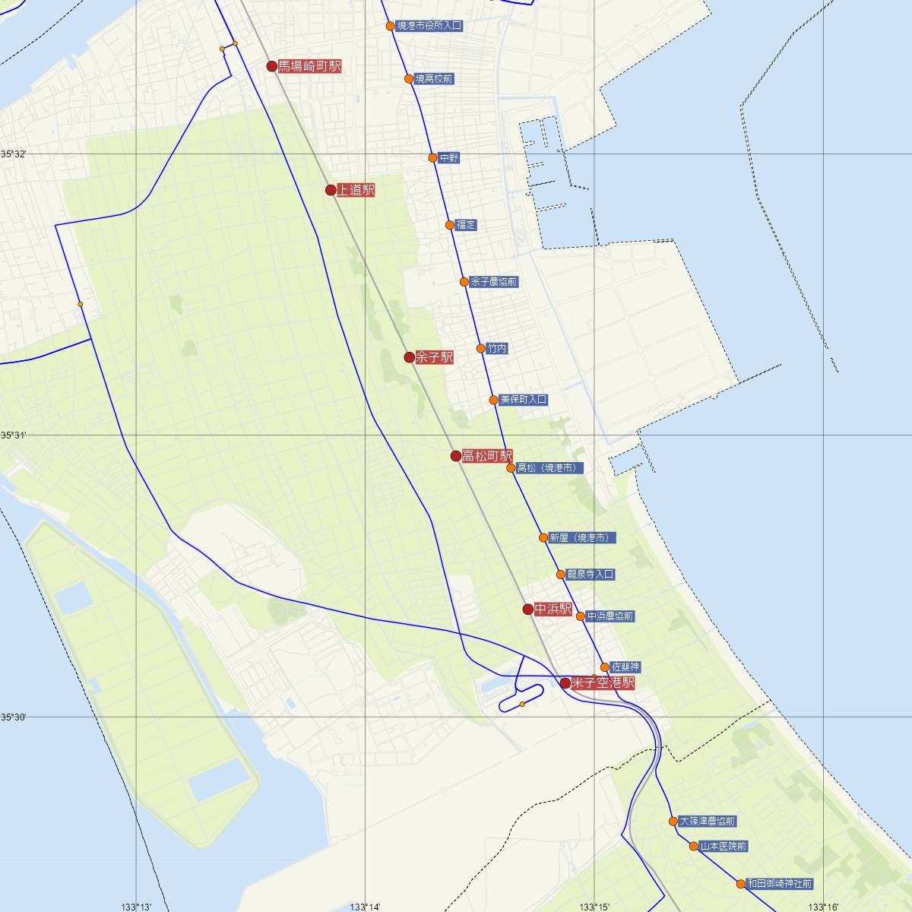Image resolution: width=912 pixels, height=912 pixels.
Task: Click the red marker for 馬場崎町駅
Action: tap(272, 66)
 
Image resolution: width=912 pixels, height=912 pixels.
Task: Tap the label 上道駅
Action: tap(356, 190)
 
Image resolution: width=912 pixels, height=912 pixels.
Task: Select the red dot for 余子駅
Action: tap(410, 357)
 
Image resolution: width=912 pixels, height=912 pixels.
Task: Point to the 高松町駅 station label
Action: tap(487, 456)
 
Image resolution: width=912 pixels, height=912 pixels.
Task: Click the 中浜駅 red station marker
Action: tap(528, 609)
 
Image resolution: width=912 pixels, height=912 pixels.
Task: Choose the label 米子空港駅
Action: tap(603, 682)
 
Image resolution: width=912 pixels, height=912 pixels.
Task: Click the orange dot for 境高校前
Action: tap(408, 78)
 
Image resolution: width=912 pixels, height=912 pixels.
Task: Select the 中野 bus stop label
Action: tap(449, 158)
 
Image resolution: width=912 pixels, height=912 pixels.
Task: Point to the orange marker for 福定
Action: tap(450, 225)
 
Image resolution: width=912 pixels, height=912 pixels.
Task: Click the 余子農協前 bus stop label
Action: tap(494, 282)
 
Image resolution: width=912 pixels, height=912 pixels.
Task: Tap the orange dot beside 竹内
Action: tap(481, 349)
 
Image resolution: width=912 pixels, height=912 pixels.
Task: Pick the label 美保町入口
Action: tap(524, 400)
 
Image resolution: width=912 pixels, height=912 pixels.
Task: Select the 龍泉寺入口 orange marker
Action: tap(561, 575)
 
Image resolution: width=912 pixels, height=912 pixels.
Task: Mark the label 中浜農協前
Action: tap(610, 616)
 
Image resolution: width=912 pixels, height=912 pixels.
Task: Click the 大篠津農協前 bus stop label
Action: tap(708, 822)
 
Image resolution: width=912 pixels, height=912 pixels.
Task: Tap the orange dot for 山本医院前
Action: tap(694, 846)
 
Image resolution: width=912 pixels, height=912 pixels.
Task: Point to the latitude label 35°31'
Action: tap(13, 435)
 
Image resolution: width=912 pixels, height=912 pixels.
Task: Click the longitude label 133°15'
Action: tap(594, 907)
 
